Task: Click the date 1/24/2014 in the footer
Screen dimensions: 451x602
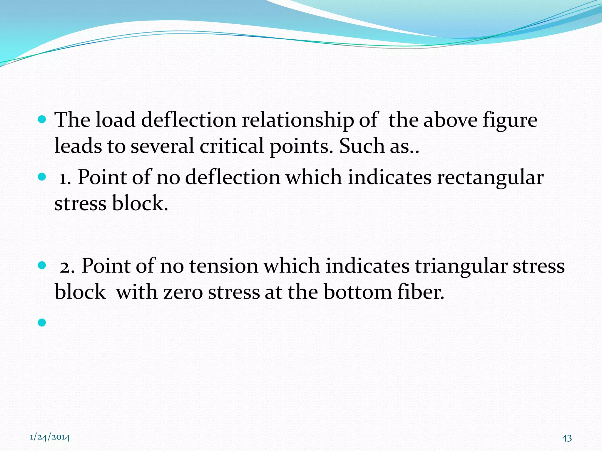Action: coord(50,437)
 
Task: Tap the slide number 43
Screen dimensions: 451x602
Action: coord(567,438)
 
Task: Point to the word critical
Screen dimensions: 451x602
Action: coord(232,146)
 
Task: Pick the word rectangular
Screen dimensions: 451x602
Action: coord(490,178)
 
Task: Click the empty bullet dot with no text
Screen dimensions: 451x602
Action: coord(42,323)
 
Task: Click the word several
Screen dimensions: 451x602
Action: coord(162,146)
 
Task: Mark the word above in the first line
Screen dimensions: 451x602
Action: coord(450,120)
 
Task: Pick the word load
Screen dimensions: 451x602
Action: coord(116,120)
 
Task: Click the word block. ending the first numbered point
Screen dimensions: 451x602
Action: coord(140,203)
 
